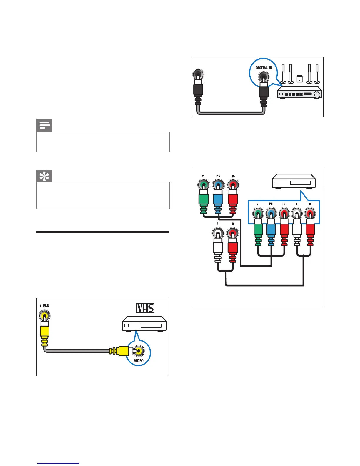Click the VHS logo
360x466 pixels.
[x=146, y=308]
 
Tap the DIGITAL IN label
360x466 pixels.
[x=264, y=68]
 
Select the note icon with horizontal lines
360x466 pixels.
[x=44, y=125]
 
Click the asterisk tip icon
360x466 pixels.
[x=44, y=176]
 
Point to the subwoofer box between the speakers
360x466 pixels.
[x=299, y=79]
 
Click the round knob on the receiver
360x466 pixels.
[x=317, y=95]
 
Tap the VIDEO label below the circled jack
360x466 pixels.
[x=139, y=361]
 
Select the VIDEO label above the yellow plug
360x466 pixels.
[x=44, y=305]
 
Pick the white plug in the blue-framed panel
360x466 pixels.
[x=297, y=229]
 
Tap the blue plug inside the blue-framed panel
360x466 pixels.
[x=271, y=229]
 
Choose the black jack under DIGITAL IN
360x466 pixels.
[x=263, y=78]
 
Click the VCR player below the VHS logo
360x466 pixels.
[x=144, y=324]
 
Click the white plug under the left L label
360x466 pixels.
[x=218, y=247]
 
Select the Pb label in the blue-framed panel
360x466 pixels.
[x=271, y=204]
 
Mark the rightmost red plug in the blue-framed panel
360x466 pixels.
[x=310, y=229]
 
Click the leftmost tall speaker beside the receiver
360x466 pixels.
[x=283, y=74]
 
